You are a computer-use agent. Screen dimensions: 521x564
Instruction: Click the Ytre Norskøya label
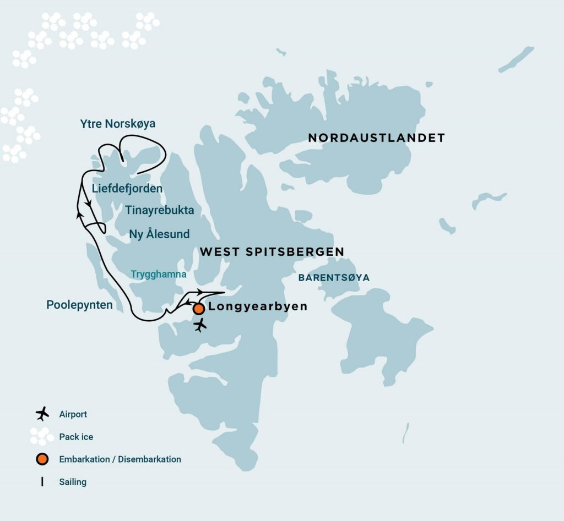click(x=117, y=124)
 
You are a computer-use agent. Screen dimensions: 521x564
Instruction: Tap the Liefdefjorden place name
click(x=127, y=189)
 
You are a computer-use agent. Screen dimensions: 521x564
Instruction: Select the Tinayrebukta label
click(x=160, y=210)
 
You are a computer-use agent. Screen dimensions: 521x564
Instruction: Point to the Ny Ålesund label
click(x=159, y=234)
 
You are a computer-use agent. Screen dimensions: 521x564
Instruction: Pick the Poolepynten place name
click(x=80, y=305)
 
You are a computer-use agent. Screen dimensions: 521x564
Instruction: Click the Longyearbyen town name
click(x=258, y=307)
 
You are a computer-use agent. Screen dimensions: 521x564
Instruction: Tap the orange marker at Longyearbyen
click(x=199, y=309)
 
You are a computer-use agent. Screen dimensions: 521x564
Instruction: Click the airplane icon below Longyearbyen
click(x=200, y=325)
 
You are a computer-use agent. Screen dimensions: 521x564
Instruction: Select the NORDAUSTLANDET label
click(x=376, y=138)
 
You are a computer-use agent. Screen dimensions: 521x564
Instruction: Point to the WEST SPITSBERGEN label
click(x=272, y=252)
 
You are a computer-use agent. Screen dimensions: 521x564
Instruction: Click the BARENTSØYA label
click(x=334, y=278)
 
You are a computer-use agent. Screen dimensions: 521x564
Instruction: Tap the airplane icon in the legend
click(x=42, y=414)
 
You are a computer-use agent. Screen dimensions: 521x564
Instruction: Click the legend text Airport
click(x=73, y=414)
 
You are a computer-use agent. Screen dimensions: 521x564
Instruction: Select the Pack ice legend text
click(x=76, y=437)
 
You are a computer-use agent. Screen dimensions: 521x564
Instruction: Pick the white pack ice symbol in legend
click(x=42, y=436)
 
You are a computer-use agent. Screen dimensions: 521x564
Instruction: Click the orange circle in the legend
click(x=42, y=459)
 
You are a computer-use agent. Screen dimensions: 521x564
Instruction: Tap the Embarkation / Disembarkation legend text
click(x=120, y=459)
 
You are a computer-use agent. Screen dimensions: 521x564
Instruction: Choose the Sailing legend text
click(x=73, y=482)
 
